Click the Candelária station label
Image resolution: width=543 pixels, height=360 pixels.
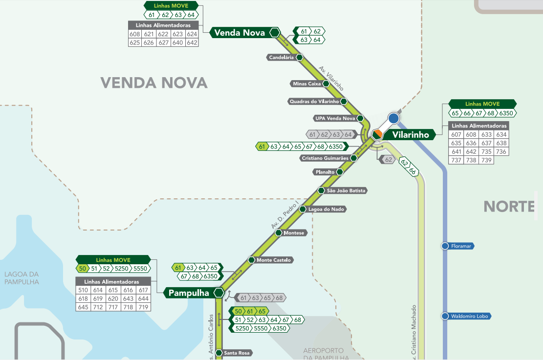click(282, 58)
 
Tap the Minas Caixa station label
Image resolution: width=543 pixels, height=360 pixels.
click(307, 84)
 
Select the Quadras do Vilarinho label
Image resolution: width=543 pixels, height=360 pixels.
click(314, 102)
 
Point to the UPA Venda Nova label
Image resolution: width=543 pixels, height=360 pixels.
click(335, 119)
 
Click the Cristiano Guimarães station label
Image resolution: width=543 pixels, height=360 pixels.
click(325, 158)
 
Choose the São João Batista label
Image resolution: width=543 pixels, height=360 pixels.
click(346, 191)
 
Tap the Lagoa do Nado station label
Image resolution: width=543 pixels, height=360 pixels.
click(326, 209)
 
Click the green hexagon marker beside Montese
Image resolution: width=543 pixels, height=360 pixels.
click(279, 233)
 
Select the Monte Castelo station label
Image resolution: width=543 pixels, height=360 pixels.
click(274, 260)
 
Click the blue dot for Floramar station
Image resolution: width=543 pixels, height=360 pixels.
click(445, 246)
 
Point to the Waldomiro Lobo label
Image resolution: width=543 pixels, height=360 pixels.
click(470, 316)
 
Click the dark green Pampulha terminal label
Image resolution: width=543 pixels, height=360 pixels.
click(189, 293)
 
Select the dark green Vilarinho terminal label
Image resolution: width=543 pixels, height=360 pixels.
click(410, 134)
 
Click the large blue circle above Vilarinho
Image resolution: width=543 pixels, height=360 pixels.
click(393, 118)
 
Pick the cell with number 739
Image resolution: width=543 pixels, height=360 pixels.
click(486, 160)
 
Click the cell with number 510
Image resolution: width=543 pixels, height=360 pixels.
click(83, 290)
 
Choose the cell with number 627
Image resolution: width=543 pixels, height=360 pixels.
click(163, 42)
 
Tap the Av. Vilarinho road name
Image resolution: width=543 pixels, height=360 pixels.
click(331, 78)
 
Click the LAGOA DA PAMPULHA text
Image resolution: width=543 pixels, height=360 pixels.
click(22, 278)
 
